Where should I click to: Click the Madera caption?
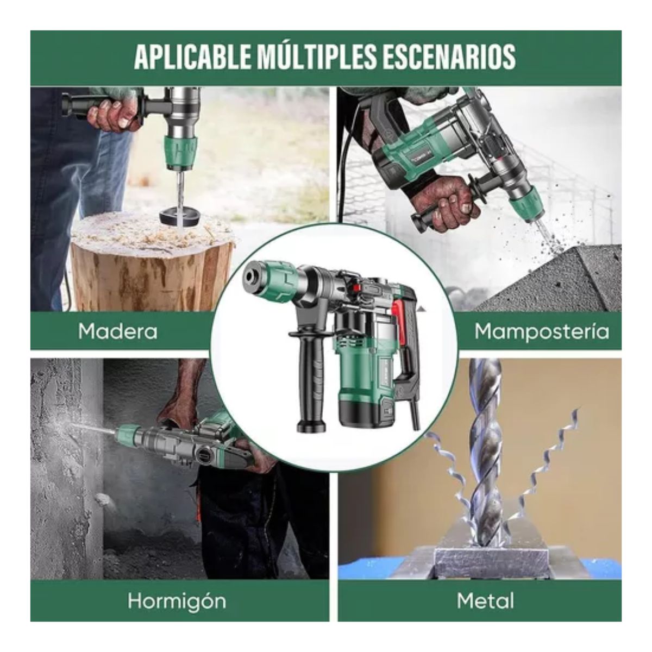(117, 331)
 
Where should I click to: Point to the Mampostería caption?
(541, 331)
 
